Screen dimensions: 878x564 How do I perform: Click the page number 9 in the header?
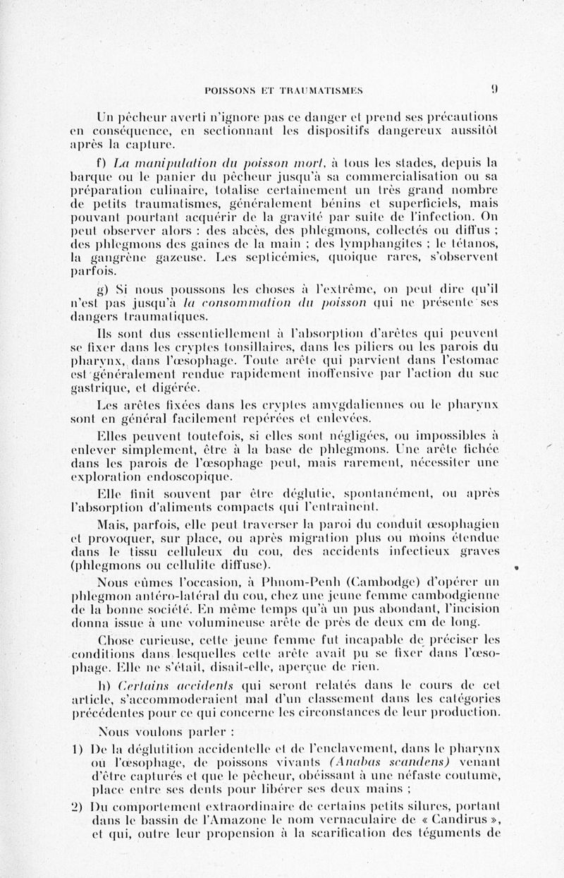[x=496, y=90]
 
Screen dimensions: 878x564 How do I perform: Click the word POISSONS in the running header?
[x=230, y=90]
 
